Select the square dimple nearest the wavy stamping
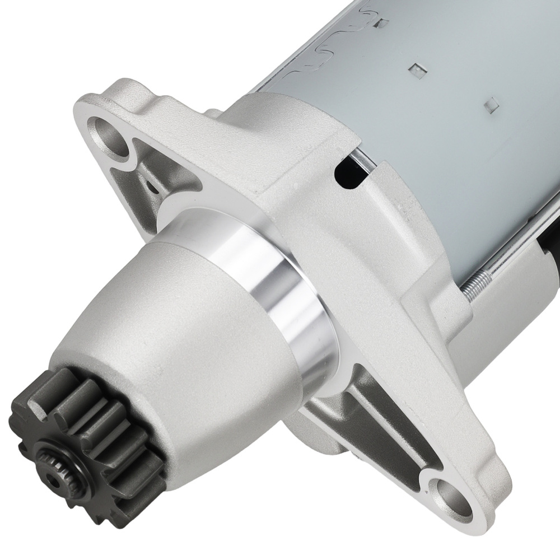pos(383,24)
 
